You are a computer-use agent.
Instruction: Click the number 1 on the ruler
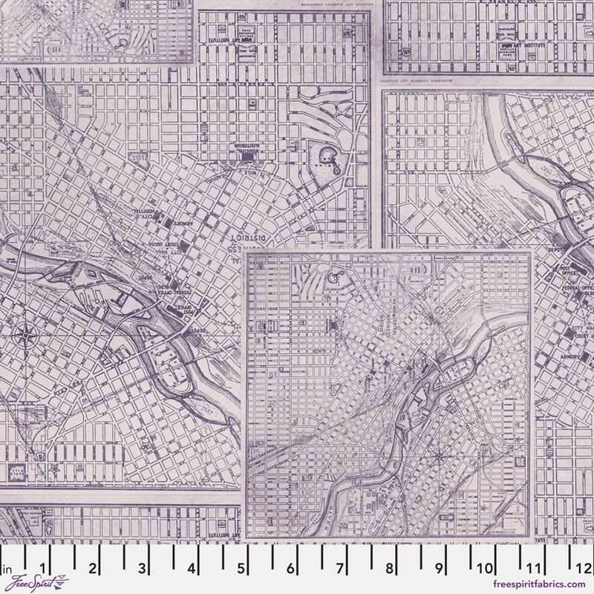pyautogui.click(x=42, y=569)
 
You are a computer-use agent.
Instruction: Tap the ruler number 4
pyautogui.click(x=192, y=569)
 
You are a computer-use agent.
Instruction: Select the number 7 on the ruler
pyautogui.click(x=339, y=569)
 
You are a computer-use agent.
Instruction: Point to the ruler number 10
pyautogui.click(x=486, y=569)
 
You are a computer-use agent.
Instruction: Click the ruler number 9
pyautogui.click(x=439, y=569)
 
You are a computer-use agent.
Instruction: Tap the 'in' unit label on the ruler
pyautogui.click(x=8, y=570)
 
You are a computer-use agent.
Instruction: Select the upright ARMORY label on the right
pyautogui.click(x=572, y=358)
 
